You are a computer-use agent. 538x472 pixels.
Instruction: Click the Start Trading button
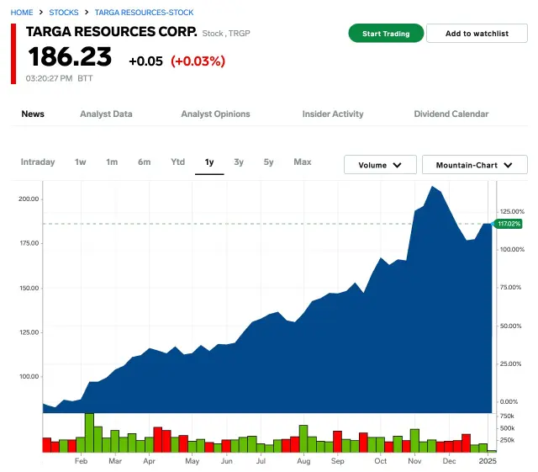tap(386, 34)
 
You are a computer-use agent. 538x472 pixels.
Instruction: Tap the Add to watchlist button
tap(477, 34)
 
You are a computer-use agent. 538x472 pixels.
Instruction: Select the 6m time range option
tap(145, 162)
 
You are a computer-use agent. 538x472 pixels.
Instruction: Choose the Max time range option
tap(303, 162)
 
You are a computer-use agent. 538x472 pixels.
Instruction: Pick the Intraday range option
tap(38, 162)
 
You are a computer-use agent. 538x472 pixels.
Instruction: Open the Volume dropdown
tap(380, 165)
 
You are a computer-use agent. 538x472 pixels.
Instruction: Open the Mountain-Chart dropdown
tap(474, 165)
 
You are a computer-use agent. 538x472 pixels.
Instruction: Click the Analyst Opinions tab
tap(215, 114)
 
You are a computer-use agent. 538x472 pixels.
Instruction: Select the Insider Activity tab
tap(333, 114)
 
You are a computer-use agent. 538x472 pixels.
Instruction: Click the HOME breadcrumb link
tap(22, 13)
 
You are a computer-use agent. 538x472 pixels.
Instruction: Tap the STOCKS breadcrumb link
tap(64, 13)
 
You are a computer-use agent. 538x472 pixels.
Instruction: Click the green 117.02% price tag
tap(509, 224)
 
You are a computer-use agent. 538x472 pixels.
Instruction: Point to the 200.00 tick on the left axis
tap(29, 199)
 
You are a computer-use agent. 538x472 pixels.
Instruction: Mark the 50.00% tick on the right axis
tap(511, 326)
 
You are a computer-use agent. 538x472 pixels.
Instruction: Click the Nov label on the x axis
tap(414, 462)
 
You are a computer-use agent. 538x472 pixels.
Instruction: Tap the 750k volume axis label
tap(507, 416)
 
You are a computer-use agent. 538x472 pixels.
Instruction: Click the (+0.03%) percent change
tap(198, 61)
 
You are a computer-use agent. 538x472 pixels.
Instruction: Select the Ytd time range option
tap(177, 162)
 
